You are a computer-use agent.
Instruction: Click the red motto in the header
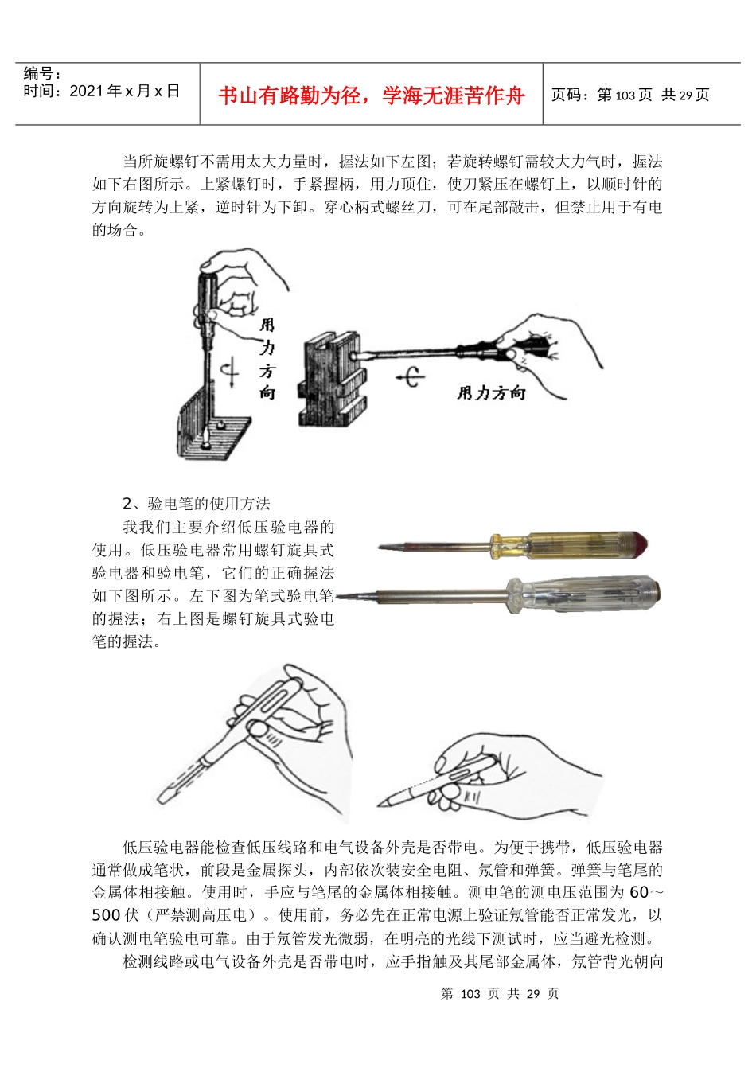372,95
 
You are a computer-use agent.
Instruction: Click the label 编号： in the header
43,74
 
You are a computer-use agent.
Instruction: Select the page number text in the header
630,95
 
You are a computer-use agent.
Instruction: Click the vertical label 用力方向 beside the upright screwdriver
267,358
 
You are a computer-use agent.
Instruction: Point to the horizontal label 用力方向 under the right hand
491,392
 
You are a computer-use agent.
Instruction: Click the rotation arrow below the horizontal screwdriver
411,376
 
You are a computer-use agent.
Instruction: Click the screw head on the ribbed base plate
206,439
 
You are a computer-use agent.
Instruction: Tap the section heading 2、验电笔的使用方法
197,503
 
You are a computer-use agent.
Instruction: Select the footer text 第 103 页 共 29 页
500,993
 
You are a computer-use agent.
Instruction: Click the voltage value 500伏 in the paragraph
115,915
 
